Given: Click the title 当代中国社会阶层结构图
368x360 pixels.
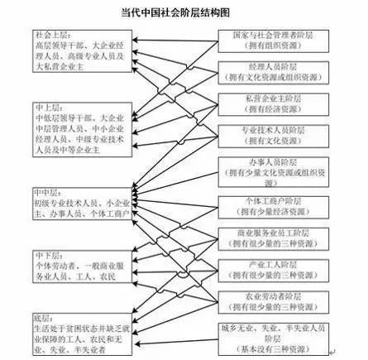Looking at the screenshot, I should tap(184, 14).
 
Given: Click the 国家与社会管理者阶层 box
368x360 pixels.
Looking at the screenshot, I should tap(273, 40).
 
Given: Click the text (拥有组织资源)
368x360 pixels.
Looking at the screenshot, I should tap(273, 45).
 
